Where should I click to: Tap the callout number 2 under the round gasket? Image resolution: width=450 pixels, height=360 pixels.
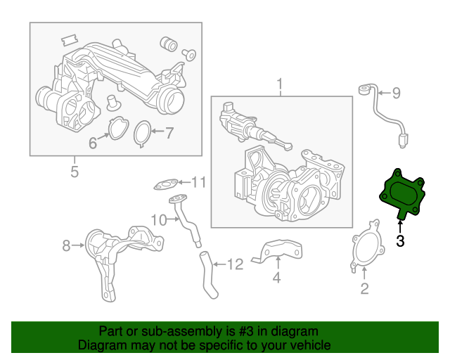pos(364,288)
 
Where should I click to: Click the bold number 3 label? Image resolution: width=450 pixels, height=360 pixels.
pos(400,242)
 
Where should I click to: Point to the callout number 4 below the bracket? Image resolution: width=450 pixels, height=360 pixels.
pos(277,278)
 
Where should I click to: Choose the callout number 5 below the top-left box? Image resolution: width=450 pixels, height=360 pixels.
pos(93,143)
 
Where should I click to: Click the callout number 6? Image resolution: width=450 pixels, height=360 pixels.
pos(169,131)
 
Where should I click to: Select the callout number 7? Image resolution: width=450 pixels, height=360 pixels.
pos(67,245)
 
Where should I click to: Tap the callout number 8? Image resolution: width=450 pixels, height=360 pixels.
pos(395,93)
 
